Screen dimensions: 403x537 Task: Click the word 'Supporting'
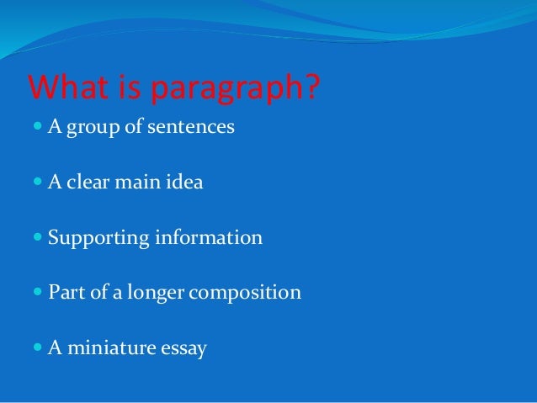(98, 238)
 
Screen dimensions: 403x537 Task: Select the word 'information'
(209, 237)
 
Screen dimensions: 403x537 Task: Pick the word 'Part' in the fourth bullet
(66, 293)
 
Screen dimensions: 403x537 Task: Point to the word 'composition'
(245, 294)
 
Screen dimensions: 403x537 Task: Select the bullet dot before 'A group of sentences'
(35, 128)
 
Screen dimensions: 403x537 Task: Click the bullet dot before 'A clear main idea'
(35, 182)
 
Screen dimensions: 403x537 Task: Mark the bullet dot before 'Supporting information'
(35, 238)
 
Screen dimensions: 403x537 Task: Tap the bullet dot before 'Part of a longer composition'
(35, 293)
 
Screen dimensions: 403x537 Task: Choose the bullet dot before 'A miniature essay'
(35, 347)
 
